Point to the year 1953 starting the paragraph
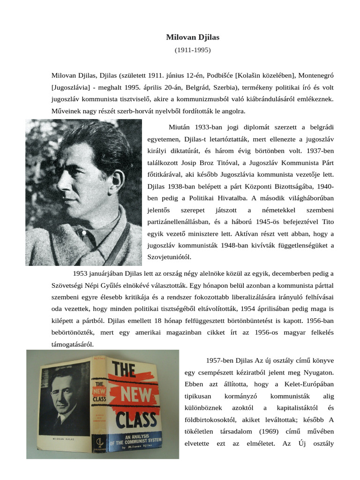pyautogui.click(x=81, y=273)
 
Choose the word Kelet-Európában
pyautogui.click(x=311, y=384)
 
